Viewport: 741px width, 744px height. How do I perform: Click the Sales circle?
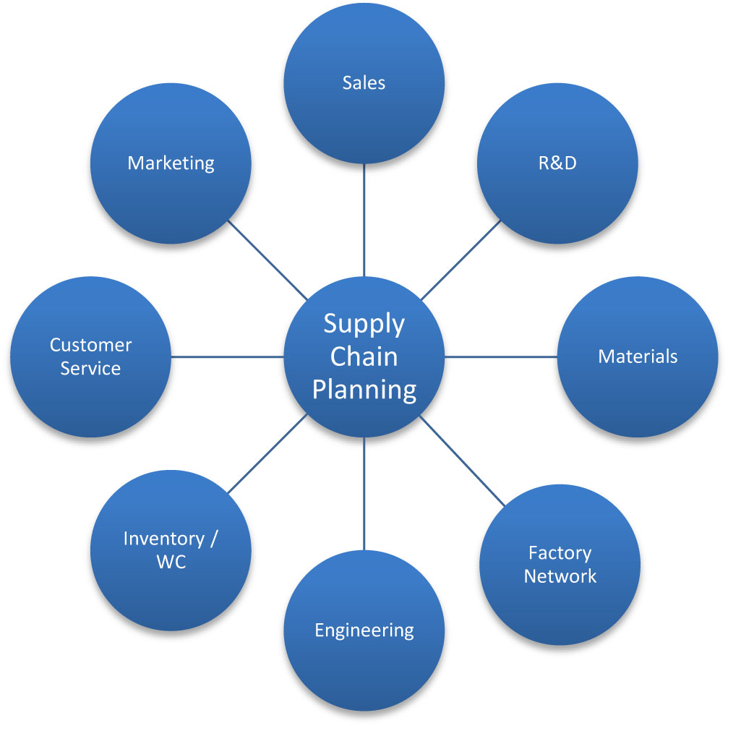click(x=364, y=83)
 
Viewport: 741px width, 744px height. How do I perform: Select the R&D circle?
click(x=558, y=163)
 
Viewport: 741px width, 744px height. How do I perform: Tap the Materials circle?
click(x=638, y=356)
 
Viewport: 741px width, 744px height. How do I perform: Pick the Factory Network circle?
click(x=560, y=565)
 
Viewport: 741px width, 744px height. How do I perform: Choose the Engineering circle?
click(x=364, y=630)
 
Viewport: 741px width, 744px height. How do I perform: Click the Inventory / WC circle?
click(x=171, y=550)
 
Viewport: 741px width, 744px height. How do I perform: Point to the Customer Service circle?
click(x=90, y=356)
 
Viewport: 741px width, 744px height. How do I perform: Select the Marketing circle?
click(x=171, y=163)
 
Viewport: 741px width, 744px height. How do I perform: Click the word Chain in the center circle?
click(x=364, y=356)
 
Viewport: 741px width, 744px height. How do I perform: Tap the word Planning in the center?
click(x=364, y=390)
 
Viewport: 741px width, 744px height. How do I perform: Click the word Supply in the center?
click(x=364, y=323)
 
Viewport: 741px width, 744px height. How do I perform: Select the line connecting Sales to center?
click(x=364, y=220)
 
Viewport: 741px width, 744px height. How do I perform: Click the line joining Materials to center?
click(x=500, y=356)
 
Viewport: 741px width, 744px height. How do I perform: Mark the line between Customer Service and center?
click(x=227, y=356)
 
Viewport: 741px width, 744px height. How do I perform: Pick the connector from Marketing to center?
click(x=267, y=260)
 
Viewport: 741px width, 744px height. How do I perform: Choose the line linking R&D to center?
click(x=461, y=260)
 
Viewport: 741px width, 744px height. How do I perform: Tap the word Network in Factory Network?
click(x=560, y=576)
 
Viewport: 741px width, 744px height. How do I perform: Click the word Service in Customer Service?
click(x=90, y=368)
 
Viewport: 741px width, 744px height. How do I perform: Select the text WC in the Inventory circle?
click(x=171, y=562)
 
